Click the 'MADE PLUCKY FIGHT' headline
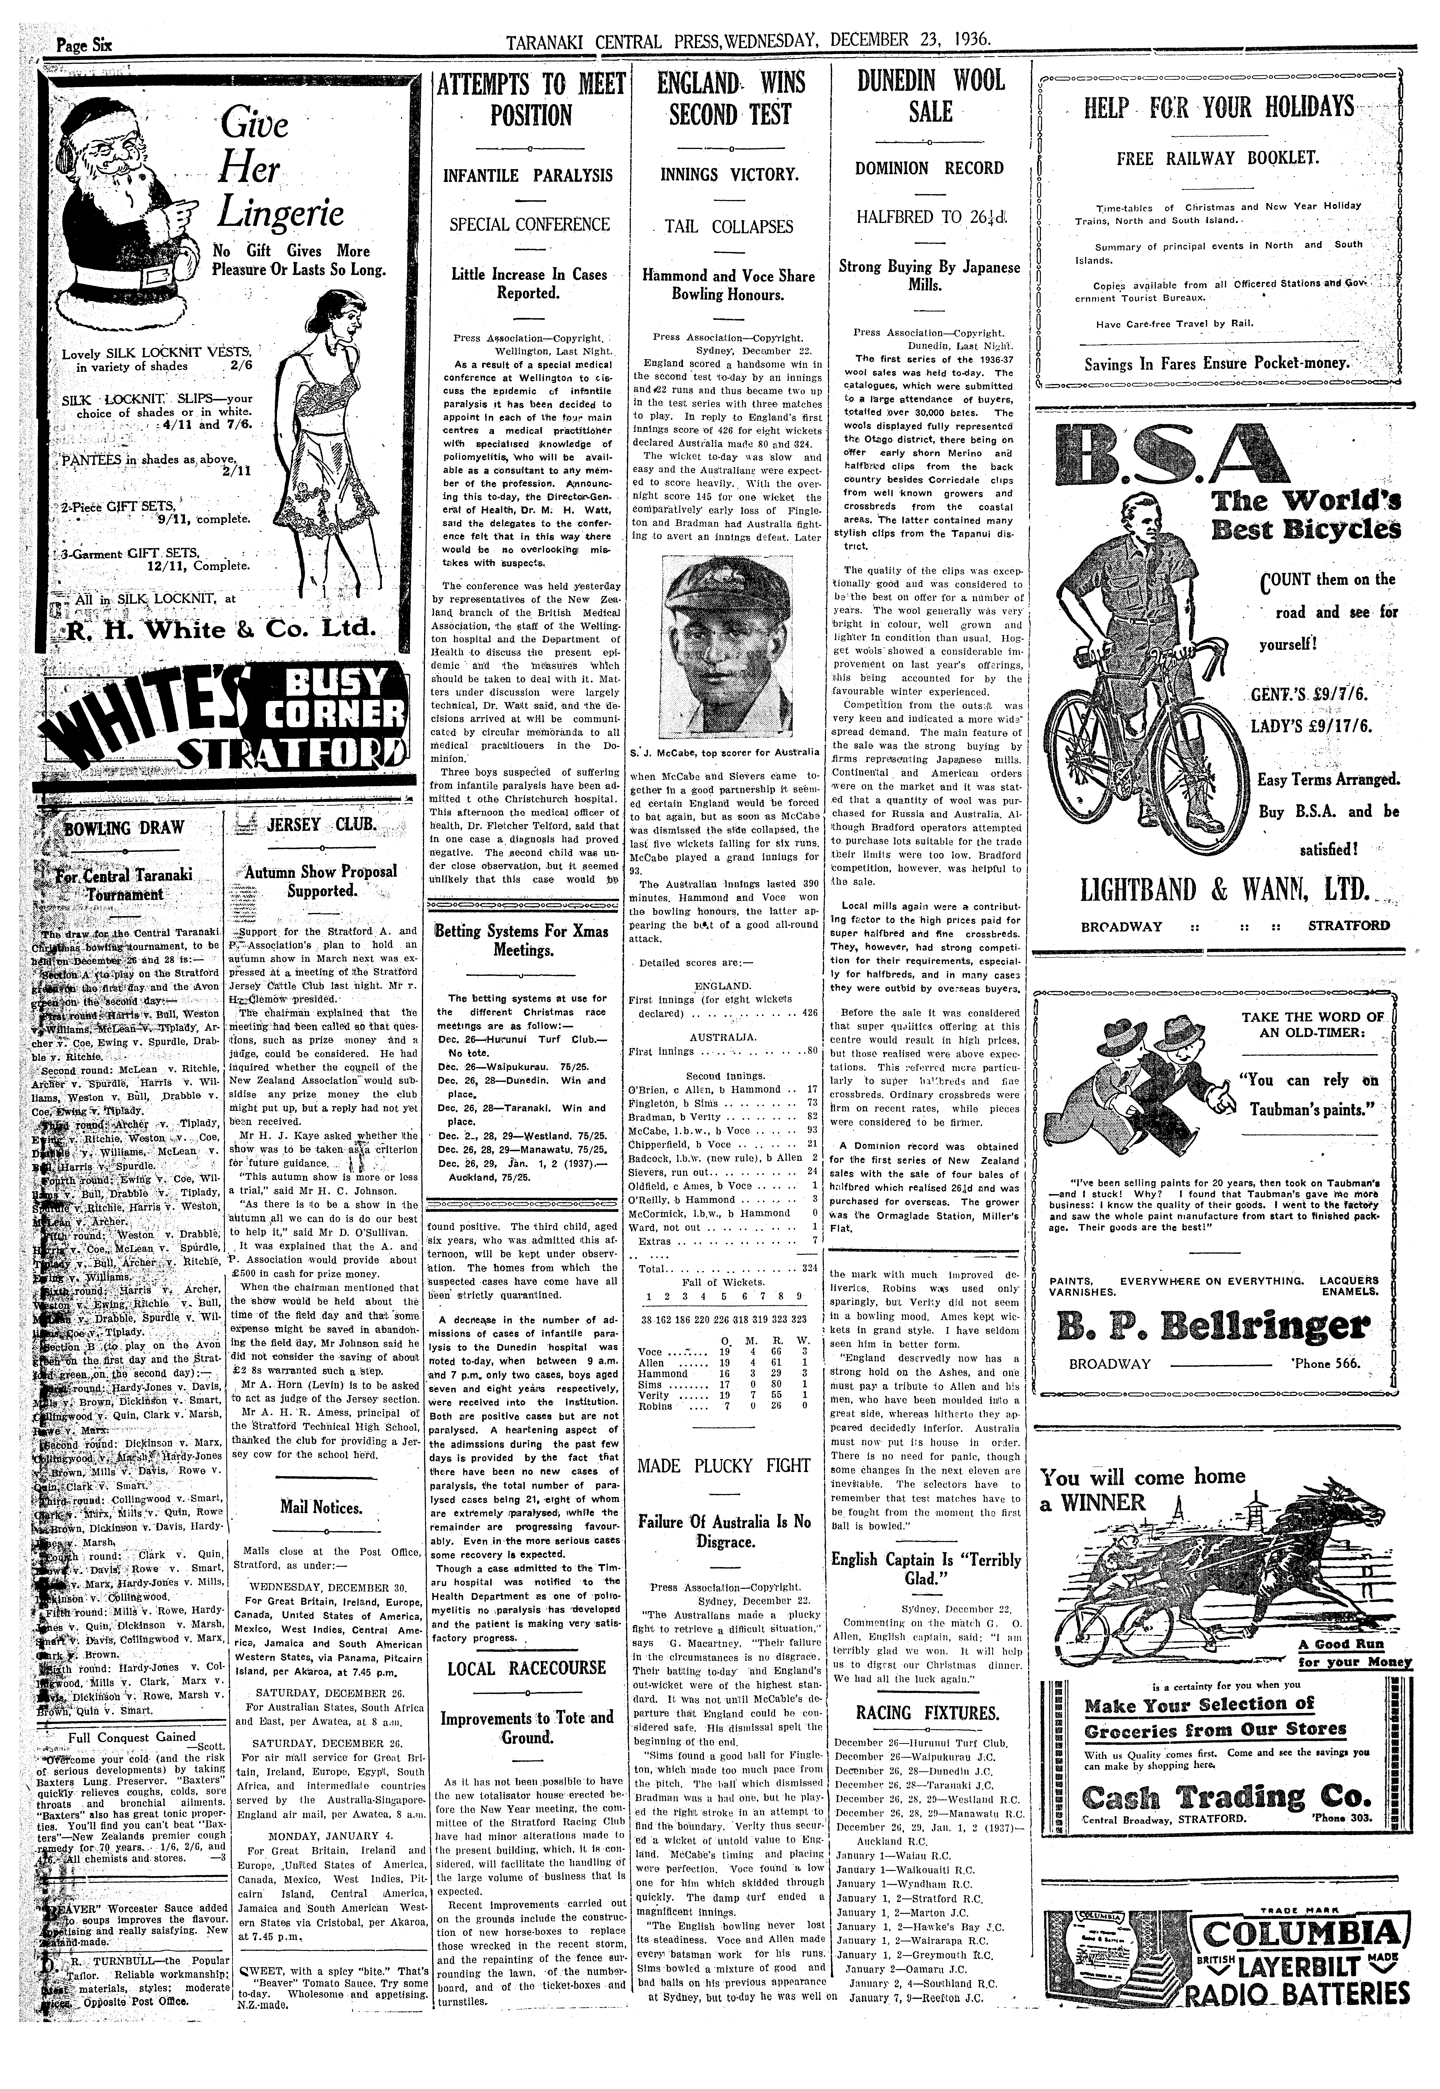[724, 1466]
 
